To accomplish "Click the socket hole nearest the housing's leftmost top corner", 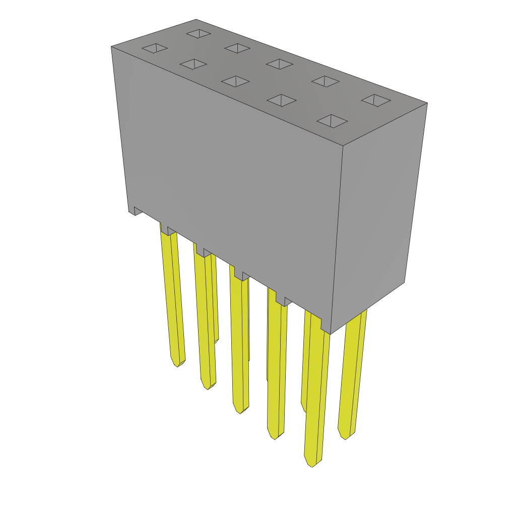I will [155, 48].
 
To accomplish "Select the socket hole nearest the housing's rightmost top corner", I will [376, 100].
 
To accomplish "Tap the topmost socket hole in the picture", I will [199, 33].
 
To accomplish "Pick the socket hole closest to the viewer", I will [332, 121].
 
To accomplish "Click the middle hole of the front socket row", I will [235, 81].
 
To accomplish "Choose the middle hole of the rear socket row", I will [280, 64].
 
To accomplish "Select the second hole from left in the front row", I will [193, 64].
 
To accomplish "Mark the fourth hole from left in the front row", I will [282, 100].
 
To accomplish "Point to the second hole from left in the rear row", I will [237, 48].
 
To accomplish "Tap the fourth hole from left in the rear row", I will [325, 81].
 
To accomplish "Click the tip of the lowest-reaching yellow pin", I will [311, 465].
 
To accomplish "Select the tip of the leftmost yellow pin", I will [177, 364].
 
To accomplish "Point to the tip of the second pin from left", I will [208, 387].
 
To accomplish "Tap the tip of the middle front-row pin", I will [240, 411].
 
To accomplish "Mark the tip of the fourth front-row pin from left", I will [274, 437].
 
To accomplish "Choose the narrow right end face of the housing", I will [378, 212].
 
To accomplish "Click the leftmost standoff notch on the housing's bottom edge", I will [138, 211].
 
